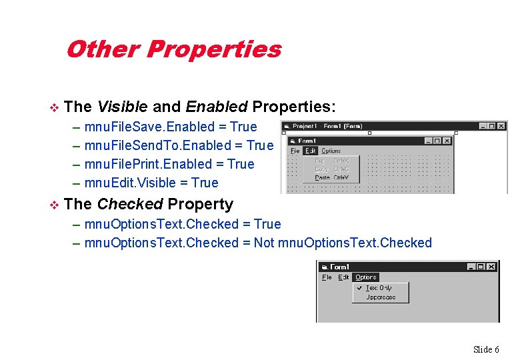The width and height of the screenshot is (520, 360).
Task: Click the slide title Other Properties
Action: tap(173, 49)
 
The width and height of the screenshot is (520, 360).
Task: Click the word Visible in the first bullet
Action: tap(123, 107)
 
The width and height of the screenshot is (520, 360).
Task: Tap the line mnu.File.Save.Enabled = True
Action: tap(170, 127)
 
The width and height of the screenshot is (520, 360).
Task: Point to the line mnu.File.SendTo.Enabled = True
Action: tap(179, 145)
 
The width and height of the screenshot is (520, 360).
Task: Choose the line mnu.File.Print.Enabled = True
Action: tap(169, 164)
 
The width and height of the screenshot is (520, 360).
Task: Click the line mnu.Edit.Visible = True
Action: tap(151, 183)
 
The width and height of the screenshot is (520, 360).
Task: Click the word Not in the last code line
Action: tap(264, 243)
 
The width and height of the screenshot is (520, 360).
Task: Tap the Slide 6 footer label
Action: tap(486, 349)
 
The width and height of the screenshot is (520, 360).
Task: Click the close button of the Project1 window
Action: tap(501, 126)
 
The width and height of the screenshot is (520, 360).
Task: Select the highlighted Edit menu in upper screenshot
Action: tap(311, 151)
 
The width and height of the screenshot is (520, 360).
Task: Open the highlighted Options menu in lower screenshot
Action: tap(365, 277)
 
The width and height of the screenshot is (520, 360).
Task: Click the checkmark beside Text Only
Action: tap(359, 288)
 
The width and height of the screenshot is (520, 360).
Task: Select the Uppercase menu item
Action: tap(381, 297)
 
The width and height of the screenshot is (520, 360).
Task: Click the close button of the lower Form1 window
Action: tap(491, 267)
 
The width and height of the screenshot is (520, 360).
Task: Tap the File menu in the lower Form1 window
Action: tap(327, 277)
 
